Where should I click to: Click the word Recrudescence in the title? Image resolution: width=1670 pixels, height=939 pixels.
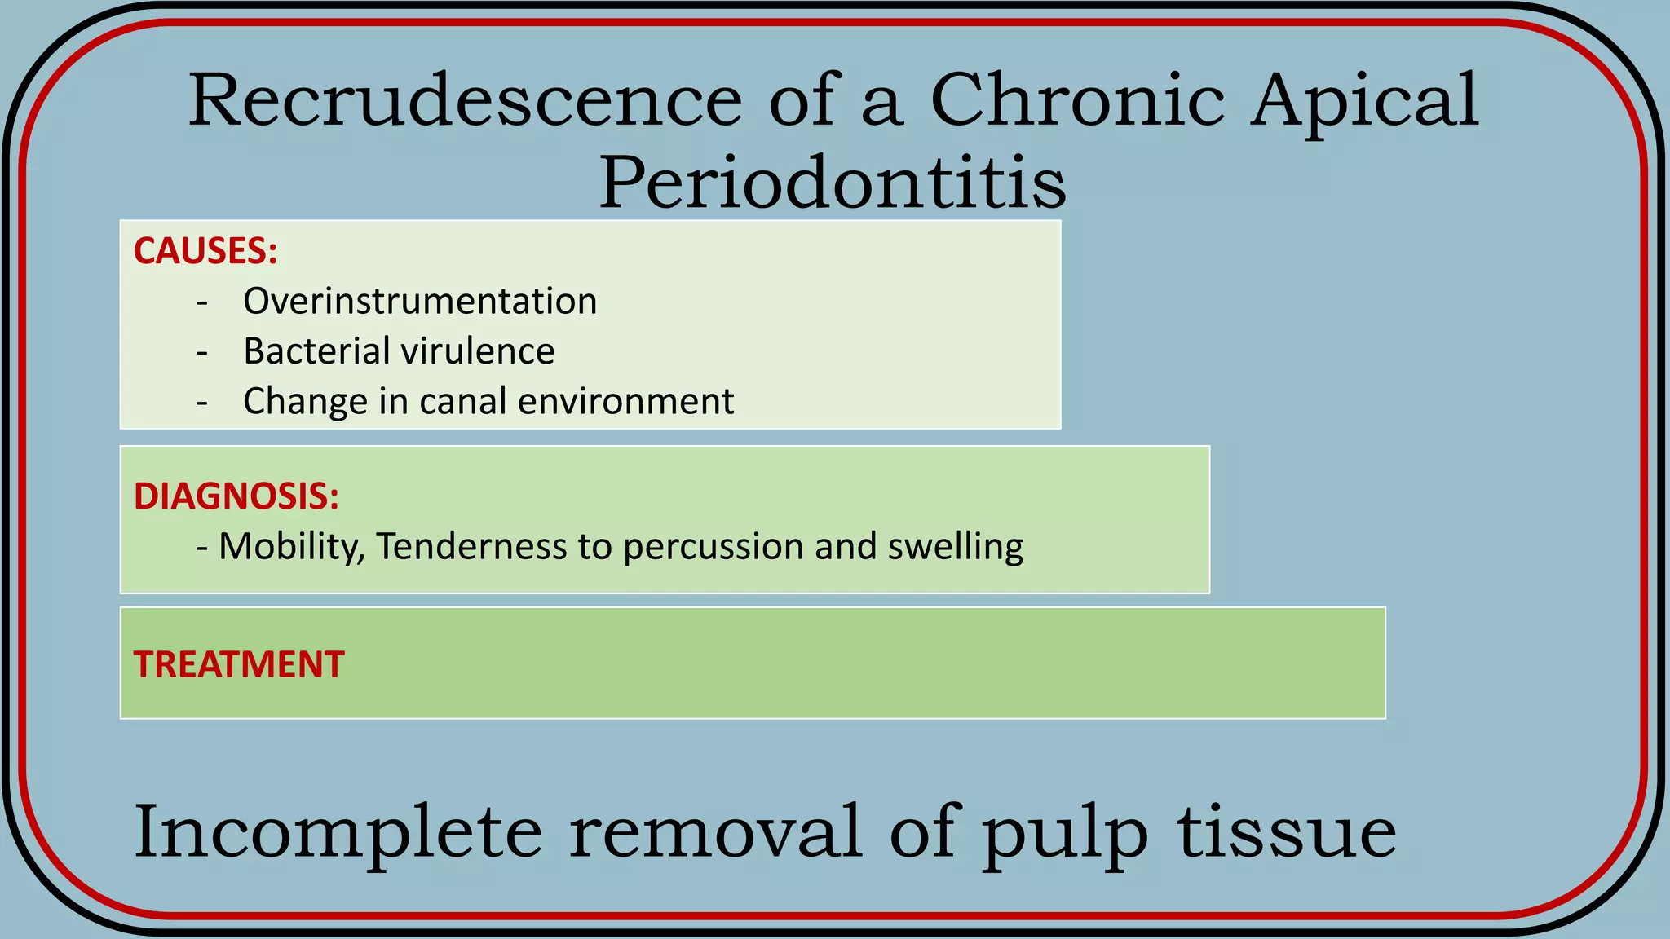pos(465,100)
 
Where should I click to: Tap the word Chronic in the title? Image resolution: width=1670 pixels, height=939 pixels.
pos(1077,100)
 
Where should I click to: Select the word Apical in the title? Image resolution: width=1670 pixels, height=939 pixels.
pos(1364,102)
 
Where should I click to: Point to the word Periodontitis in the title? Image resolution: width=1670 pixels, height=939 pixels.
pos(833,182)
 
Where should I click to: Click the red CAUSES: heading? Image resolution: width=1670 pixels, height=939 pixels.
pos(205,251)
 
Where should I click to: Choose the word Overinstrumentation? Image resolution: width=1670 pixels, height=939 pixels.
pos(420,302)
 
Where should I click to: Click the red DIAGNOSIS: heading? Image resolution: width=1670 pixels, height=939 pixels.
pos(236,496)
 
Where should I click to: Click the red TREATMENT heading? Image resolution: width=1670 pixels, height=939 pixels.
pos(239,664)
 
